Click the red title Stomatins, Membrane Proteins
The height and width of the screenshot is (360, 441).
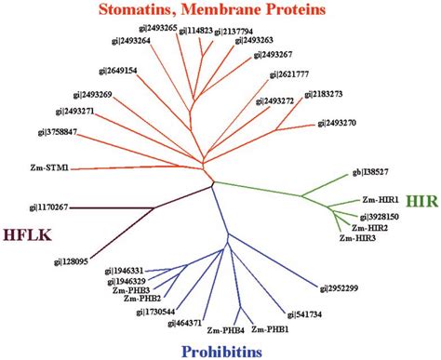point(221,11)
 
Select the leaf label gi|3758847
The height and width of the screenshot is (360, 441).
point(41,133)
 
